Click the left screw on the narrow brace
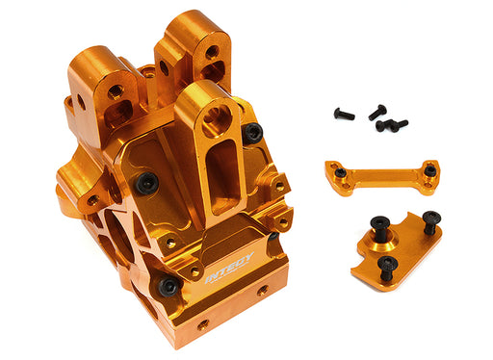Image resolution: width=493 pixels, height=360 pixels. click(x=341, y=172)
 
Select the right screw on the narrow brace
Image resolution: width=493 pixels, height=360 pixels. click(x=429, y=170)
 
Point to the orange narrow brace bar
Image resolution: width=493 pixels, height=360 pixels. click(x=383, y=176)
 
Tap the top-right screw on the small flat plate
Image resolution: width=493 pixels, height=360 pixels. click(x=429, y=219)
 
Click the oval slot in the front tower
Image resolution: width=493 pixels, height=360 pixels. click(x=223, y=173)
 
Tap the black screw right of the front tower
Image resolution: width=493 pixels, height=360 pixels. click(x=252, y=134)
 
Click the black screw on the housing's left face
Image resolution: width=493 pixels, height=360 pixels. click(x=146, y=182)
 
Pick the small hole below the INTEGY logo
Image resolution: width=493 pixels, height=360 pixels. click(x=260, y=289)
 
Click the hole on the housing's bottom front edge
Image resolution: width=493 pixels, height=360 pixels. click(x=203, y=325)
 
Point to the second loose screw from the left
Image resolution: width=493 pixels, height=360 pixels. click(x=376, y=113)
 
